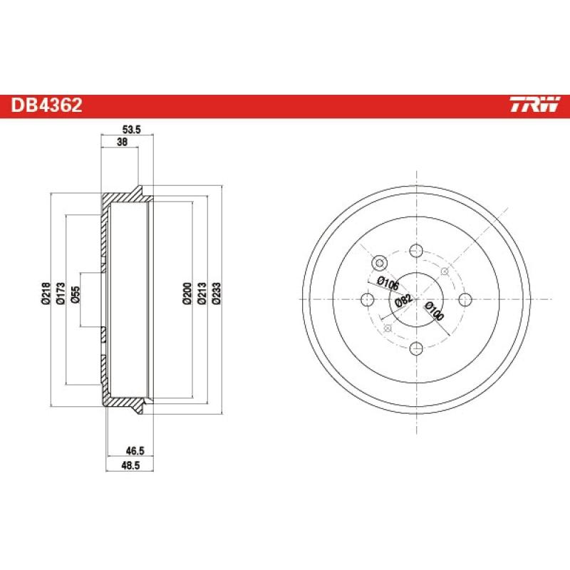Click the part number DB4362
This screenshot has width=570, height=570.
point(46,106)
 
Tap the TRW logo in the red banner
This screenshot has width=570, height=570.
point(534,106)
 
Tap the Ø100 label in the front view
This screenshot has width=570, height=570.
point(433,311)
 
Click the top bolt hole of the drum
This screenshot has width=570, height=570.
point(416,251)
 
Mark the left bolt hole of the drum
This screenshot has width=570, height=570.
point(368,299)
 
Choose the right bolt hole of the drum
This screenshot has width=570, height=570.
point(465,299)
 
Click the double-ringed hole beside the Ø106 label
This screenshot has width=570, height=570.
point(379,262)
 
